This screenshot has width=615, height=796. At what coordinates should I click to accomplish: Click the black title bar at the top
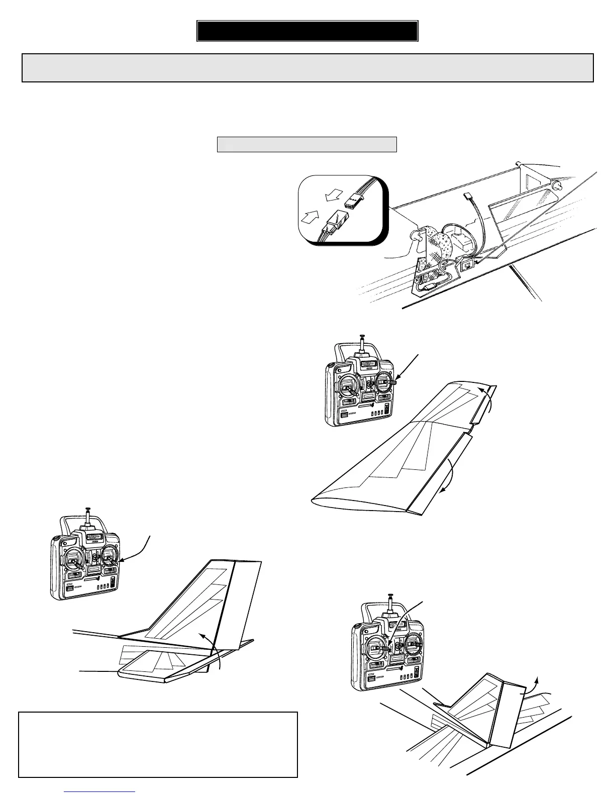[x=307, y=31]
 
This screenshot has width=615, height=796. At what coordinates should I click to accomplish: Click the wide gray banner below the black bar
[x=307, y=67]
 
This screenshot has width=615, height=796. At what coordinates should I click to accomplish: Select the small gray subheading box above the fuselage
[x=307, y=144]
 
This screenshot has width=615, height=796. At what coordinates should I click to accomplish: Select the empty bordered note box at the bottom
[x=158, y=744]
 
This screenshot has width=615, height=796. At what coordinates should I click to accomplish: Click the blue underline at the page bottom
[x=100, y=791]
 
